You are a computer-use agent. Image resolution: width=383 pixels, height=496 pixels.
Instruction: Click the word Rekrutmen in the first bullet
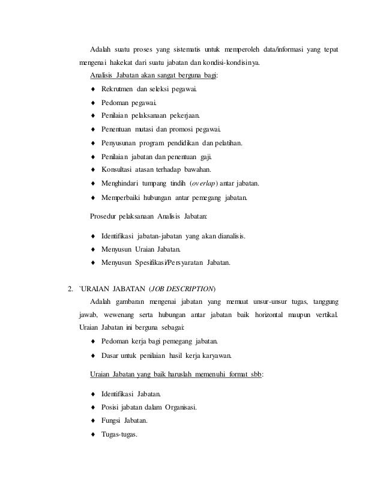[x=116, y=89]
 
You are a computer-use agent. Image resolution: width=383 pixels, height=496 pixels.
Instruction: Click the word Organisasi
[x=184, y=408]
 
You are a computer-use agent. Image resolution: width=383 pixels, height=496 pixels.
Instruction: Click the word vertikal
[x=325, y=314]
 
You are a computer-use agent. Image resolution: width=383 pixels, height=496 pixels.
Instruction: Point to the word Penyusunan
[x=121, y=143]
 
